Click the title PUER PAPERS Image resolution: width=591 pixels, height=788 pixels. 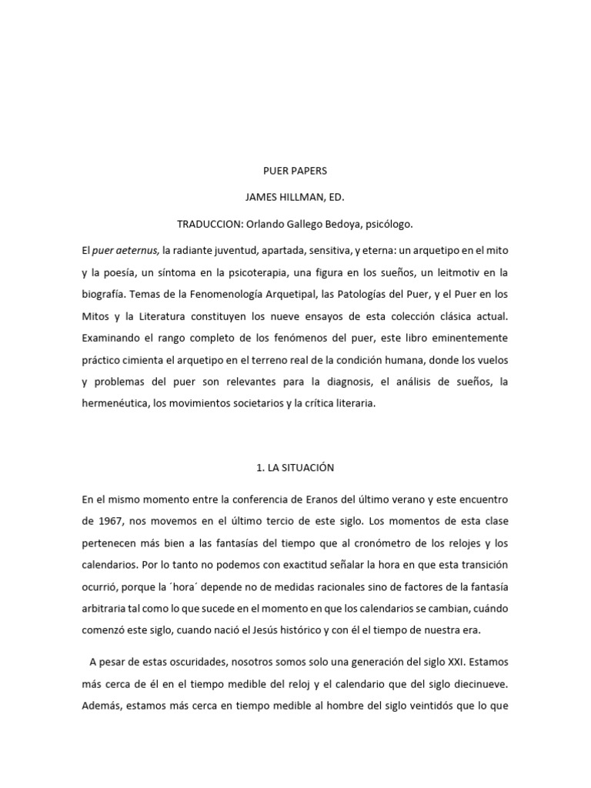(x=295, y=171)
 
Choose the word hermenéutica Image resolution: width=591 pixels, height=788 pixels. (x=115, y=404)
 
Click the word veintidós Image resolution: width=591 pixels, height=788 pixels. (x=435, y=706)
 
